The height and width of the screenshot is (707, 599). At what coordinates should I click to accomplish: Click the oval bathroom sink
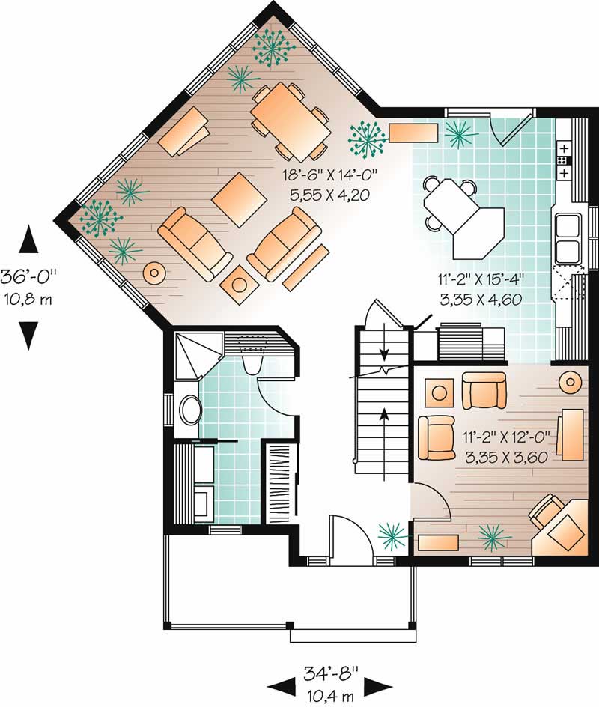(190, 410)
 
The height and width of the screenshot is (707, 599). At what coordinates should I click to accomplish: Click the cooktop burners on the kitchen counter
(563, 160)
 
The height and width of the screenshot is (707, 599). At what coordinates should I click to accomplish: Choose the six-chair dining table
(291, 122)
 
